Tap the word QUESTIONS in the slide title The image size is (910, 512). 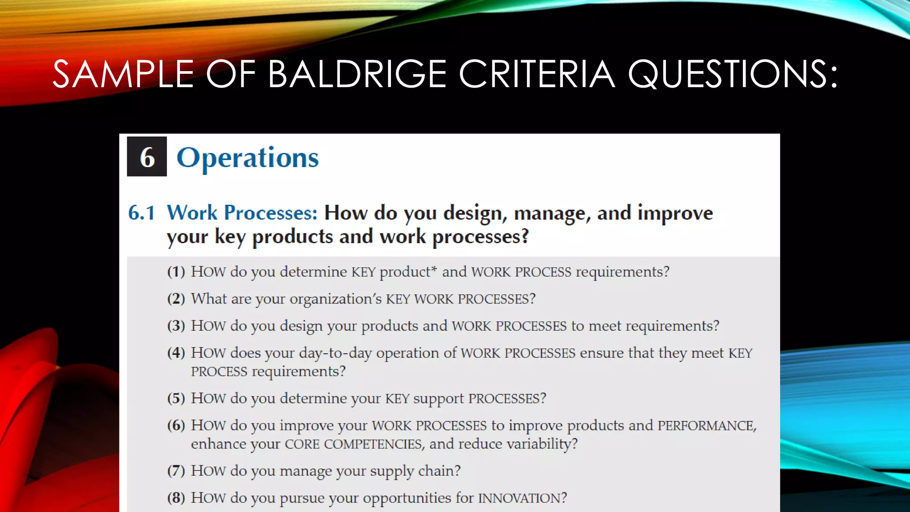click(732, 74)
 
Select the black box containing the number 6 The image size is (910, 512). click(147, 156)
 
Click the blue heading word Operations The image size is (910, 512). click(247, 158)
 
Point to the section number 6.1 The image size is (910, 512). click(141, 213)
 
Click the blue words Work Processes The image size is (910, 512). click(242, 212)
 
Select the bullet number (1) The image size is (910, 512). click(176, 272)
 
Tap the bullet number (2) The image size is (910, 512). click(176, 299)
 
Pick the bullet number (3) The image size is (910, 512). click(176, 326)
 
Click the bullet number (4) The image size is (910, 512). click(176, 353)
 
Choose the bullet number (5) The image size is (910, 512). click(176, 398)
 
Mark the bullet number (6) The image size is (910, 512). click(176, 425)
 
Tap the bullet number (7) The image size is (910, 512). click(176, 471)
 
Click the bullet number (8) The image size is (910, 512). click(176, 498)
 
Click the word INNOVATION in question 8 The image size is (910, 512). click(522, 498)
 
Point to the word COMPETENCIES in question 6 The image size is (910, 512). click(373, 444)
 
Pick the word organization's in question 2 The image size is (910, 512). click(335, 299)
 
